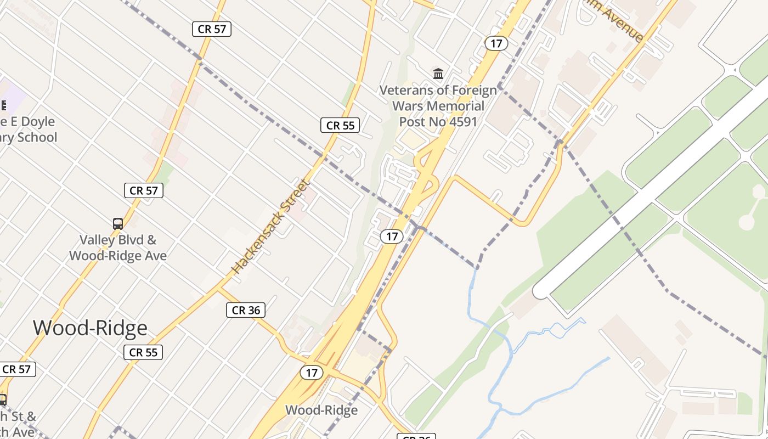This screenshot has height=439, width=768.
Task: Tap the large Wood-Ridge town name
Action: pos(90,328)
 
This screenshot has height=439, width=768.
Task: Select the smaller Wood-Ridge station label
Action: pos(321,410)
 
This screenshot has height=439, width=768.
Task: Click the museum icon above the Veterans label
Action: pos(438,74)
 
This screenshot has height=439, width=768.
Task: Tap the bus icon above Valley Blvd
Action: pos(118,223)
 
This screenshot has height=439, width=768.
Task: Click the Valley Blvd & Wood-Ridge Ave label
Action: pos(118,247)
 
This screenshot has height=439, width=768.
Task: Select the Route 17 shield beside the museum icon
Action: pos(496,43)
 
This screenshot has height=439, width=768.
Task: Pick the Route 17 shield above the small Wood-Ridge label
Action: pos(312,373)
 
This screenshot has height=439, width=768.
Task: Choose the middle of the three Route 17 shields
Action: pos(392,237)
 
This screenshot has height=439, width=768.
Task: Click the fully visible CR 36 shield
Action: pos(246,310)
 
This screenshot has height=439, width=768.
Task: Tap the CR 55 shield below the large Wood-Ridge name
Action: pos(144,352)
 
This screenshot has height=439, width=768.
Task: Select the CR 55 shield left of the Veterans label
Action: pos(340,125)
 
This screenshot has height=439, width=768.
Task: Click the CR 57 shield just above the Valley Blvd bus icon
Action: pos(144,190)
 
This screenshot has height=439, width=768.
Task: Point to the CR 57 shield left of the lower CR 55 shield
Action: pos(17,369)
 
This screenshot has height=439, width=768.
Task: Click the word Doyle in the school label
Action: pos(38,121)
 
